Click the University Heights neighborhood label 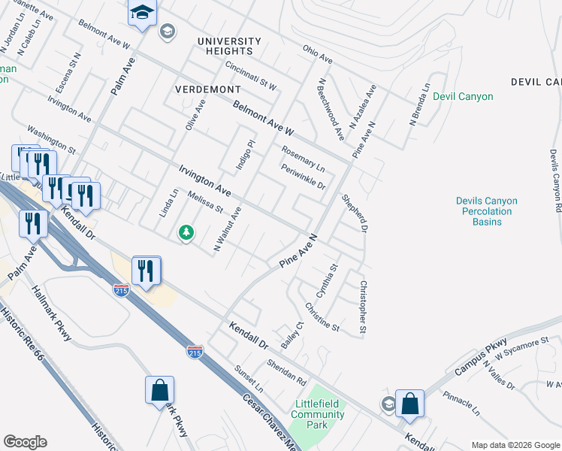click(x=229, y=46)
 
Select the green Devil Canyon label click(x=463, y=97)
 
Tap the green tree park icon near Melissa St click(x=186, y=234)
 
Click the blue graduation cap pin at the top click(x=141, y=14)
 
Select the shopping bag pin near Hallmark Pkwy click(x=159, y=390)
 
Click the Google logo click(x=25, y=442)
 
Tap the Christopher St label click(x=363, y=307)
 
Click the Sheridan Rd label click(x=286, y=369)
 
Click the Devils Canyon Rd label click(x=554, y=180)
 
